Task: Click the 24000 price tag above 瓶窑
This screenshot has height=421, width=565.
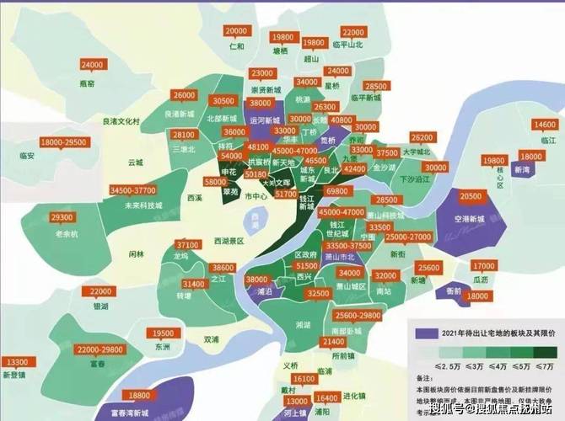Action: (x=90, y=65)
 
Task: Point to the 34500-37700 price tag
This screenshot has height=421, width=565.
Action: (x=137, y=191)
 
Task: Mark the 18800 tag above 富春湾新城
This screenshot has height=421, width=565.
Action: (x=136, y=395)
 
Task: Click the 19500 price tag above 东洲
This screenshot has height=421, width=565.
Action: (x=160, y=333)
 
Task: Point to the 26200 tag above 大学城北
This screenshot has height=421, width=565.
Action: (x=421, y=136)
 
